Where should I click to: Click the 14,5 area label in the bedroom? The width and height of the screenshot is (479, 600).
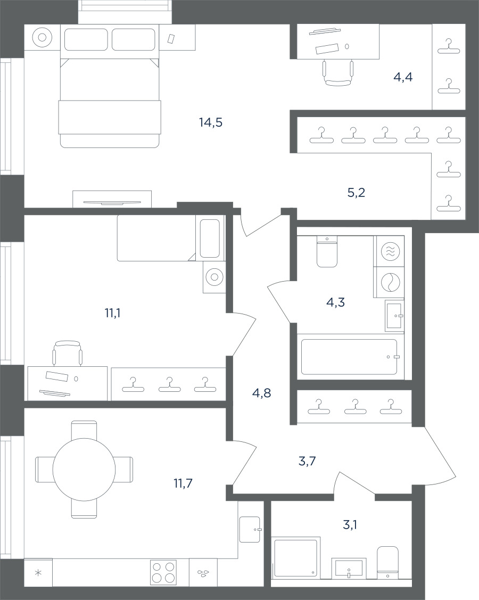click(x=211, y=122)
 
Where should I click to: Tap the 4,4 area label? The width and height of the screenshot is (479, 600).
click(x=403, y=77)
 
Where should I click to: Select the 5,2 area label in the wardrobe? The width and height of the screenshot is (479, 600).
click(x=356, y=193)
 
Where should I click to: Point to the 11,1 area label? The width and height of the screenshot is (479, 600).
click(x=112, y=314)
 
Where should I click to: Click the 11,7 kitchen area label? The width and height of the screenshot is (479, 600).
click(x=183, y=483)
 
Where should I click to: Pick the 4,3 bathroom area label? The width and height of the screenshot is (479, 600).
click(x=335, y=302)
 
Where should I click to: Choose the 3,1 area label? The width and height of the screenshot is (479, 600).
click(x=350, y=525)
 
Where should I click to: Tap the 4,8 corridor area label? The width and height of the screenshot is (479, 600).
click(x=262, y=392)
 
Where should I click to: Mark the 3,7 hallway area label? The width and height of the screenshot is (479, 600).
click(x=307, y=461)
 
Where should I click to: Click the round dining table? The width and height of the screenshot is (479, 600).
click(x=84, y=470)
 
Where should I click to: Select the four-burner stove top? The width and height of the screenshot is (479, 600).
click(x=163, y=572)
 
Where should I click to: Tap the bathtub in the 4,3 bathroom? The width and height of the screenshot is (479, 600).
click(x=349, y=357)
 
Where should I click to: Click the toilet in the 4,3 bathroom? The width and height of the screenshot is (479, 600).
click(x=327, y=251)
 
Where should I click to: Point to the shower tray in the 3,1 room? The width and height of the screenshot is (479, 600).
click(x=295, y=562)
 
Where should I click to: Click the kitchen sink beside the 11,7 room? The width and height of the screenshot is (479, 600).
click(x=250, y=529)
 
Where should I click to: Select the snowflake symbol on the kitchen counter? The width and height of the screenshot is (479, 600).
click(x=38, y=573)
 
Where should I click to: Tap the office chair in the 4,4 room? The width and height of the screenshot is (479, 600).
click(x=337, y=73)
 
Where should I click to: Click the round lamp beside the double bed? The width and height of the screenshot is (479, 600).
click(x=43, y=37)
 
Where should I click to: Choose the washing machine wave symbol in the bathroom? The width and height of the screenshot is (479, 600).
click(x=391, y=251)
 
